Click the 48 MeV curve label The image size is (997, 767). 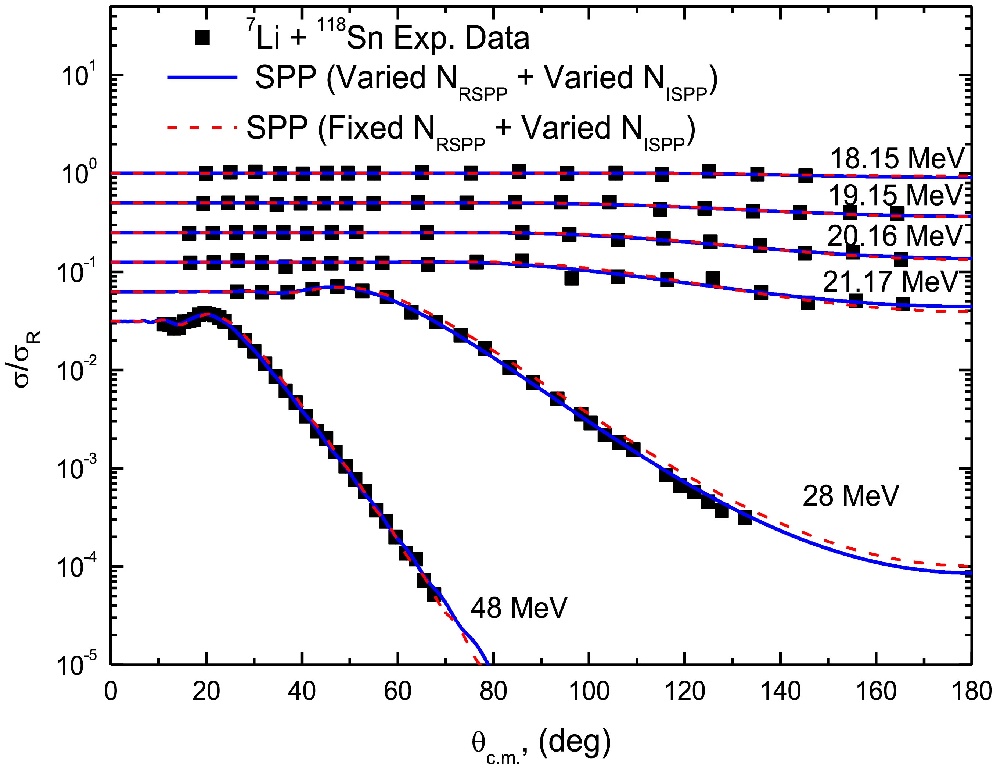point(519,608)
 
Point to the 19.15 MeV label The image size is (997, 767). point(895,195)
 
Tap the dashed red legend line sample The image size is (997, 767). point(202,128)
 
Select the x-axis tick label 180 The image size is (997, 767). point(971,692)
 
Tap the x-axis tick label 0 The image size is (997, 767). point(111,692)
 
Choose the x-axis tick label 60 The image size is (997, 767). point(398,692)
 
